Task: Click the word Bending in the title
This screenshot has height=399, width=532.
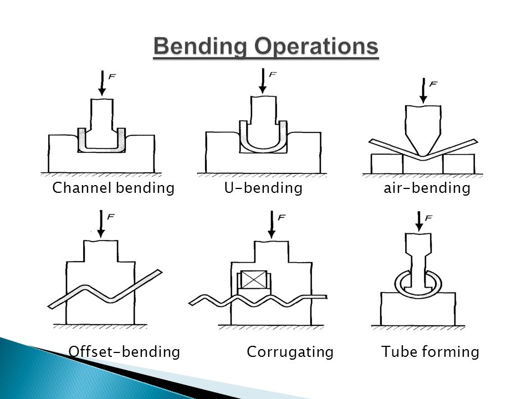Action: [201, 47]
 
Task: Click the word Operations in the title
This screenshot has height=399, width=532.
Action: [316, 47]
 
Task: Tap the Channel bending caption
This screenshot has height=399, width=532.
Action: [113, 188]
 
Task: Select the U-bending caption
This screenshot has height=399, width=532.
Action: [263, 188]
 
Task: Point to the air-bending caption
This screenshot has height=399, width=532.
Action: [427, 188]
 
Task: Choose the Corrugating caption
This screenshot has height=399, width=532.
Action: [290, 351]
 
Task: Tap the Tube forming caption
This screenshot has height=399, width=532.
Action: [430, 351]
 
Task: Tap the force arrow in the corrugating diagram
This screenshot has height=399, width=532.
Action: [272, 224]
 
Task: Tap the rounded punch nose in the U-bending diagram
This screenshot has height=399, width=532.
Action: [263, 144]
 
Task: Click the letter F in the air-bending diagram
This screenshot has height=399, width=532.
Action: [433, 84]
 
